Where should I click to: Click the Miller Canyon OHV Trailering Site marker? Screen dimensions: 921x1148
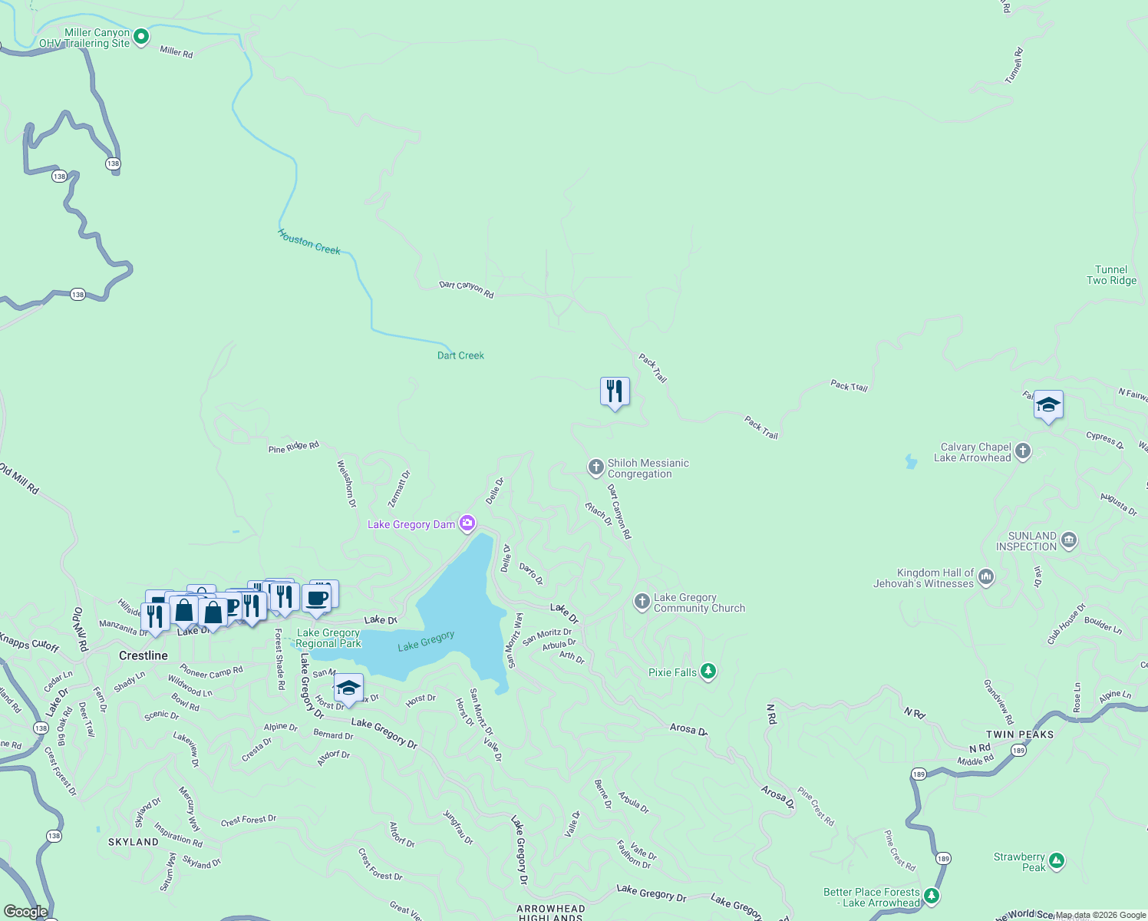(141, 36)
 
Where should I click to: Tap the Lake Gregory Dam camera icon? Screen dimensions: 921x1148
(467, 523)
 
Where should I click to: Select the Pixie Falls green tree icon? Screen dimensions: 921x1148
(708, 672)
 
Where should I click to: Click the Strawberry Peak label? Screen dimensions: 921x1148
(1019, 862)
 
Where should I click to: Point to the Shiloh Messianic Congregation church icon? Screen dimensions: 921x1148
(595, 467)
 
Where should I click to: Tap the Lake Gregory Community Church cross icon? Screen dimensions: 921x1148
(642, 602)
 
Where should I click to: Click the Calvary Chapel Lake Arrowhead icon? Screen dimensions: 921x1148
(1023, 451)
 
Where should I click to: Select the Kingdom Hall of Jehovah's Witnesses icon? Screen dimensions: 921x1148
(986, 576)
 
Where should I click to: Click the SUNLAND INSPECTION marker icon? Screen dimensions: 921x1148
(1069, 540)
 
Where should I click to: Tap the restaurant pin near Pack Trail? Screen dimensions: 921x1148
(615, 391)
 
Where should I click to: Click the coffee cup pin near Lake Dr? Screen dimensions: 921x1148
(316, 599)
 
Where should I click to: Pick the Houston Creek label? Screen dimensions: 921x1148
(308, 242)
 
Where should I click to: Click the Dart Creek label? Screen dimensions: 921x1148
(460, 355)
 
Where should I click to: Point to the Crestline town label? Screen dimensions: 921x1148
(143, 655)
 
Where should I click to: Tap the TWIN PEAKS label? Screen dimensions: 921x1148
(1020, 734)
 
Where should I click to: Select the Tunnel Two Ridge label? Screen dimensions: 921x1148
(1111, 275)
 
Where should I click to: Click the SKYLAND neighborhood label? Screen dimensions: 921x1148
(134, 842)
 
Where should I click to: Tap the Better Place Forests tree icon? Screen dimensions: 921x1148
(932, 896)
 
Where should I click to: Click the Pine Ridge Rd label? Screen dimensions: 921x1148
(293, 447)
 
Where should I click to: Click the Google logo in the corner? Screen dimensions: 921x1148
(26, 912)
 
